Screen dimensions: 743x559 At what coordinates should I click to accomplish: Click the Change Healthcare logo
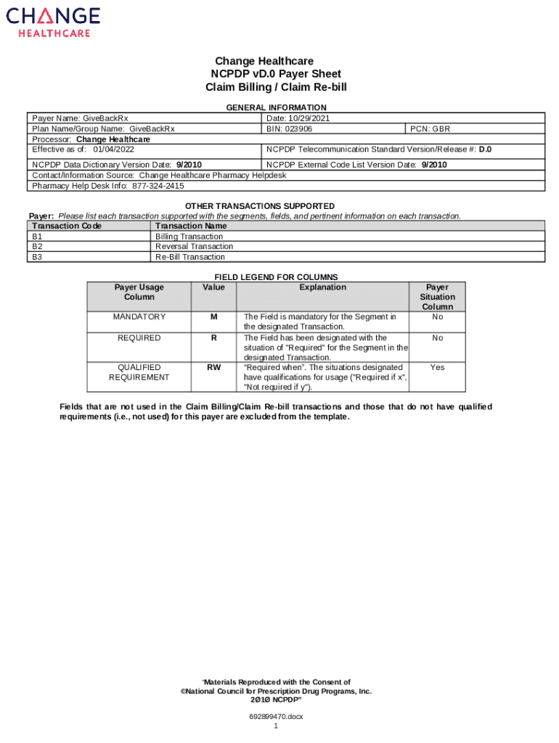54,22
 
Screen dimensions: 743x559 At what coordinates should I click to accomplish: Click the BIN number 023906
299,128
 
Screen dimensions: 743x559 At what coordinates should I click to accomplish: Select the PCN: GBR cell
430,128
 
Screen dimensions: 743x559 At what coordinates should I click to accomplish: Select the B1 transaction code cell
37,237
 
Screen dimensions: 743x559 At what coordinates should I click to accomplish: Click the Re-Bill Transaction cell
190,257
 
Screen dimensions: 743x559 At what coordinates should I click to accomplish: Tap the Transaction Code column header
67,226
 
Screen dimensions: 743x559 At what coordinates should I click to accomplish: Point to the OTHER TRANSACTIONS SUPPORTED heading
260,206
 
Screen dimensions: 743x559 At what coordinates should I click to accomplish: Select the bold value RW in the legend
214,367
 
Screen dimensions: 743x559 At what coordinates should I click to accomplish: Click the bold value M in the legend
214,317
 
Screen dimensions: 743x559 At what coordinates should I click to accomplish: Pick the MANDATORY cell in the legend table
139,317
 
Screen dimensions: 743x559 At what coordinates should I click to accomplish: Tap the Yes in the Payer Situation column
437,367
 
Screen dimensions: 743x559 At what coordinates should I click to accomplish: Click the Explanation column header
323,287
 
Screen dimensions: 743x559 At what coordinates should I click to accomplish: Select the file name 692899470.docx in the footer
276,716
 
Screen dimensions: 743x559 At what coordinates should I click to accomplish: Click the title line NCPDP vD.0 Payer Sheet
275,74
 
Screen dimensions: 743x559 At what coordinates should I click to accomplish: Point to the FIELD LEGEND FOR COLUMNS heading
276,277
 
